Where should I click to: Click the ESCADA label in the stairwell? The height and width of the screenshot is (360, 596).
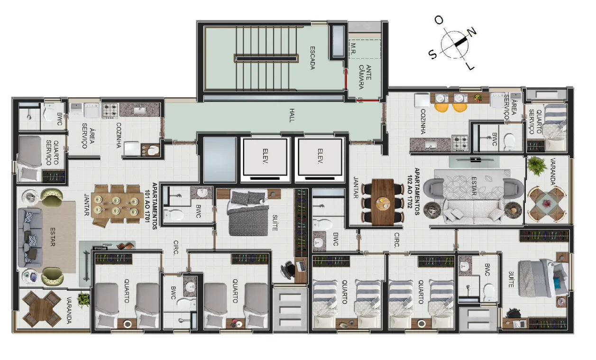pyautogui.click(x=312, y=58)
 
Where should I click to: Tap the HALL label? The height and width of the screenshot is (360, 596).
pyautogui.click(x=292, y=115)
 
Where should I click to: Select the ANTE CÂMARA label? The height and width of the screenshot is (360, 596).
pyautogui.click(x=365, y=77)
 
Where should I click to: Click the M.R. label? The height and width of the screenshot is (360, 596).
pyautogui.click(x=353, y=49)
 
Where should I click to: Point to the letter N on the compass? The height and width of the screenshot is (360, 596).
pyautogui.click(x=472, y=32)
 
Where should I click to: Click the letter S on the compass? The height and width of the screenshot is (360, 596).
pyautogui.click(x=433, y=54)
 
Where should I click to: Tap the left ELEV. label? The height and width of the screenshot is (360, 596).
pyautogui.click(x=265, y=156)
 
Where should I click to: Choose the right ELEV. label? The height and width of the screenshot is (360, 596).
pyautogui.click(x=320, y=156)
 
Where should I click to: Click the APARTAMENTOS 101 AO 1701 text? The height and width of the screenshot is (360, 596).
pyautogui.click(x=151, y=206)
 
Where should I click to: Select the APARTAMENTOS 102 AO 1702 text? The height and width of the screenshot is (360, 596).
pyautogui.click(x=413, y=191)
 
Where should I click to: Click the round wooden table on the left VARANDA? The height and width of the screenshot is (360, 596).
pyautogui.click(x=42, y=309)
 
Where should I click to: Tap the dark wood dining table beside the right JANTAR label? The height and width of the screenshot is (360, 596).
pyautogui.click(x=383, y=202)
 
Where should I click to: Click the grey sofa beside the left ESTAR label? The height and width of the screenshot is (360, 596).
pyautogui.click(x=30, y=238)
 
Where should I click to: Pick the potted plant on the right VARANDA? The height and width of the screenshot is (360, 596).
pyautogui.click(x=537, y=166)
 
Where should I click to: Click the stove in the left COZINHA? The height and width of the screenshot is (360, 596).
pyautogui.click(x=110, y=111)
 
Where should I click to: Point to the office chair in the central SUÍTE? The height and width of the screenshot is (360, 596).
pyautogui.click(x=288, y=269)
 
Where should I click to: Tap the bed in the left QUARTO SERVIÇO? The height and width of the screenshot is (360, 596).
pyautogui.click(x=29, y=158)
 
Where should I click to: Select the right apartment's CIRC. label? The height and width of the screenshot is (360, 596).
pyautogui.click(x=396, y=240)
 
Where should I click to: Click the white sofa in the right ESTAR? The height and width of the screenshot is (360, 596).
pyautogui.click(x=473, y=211)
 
